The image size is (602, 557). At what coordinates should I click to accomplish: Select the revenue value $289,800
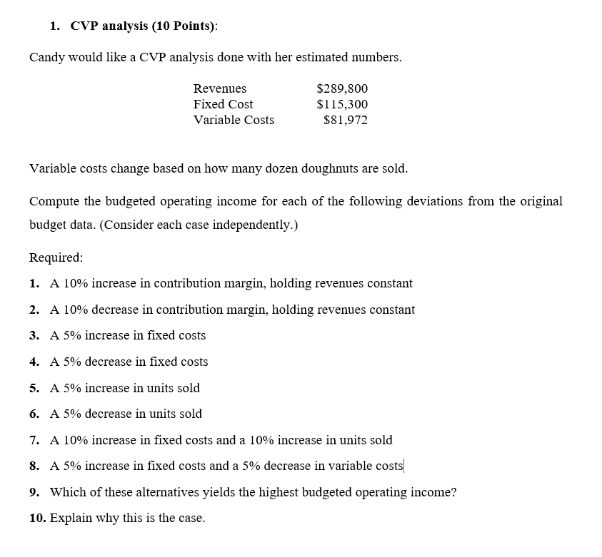342,88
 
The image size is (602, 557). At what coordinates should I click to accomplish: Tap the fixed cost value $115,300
342,104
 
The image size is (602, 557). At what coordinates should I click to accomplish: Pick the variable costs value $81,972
346,120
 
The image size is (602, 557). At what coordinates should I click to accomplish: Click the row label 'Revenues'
220,88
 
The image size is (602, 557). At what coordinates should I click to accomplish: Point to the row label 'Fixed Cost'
223,104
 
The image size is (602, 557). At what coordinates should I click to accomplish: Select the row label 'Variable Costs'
234,120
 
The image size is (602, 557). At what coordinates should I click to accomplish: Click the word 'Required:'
56,257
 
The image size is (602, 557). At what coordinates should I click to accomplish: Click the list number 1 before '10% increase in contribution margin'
34,283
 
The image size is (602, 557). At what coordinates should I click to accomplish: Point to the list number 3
34,335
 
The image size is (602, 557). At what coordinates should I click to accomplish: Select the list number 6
34,414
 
